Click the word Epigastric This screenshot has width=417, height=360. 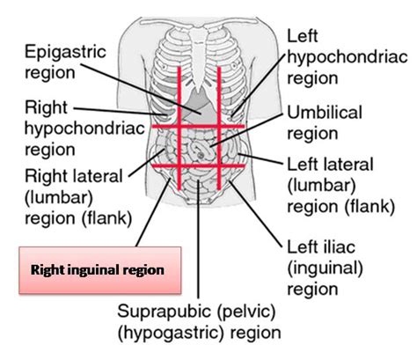(65, 53)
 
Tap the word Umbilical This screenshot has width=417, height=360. (325, 113)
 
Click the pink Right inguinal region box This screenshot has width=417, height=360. (100, 270)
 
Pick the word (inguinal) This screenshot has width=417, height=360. (325, 268)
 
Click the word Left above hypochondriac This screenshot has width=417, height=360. (303, 36)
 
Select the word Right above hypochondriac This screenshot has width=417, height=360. (46, 107)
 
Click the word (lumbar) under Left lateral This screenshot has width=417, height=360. (321, 186)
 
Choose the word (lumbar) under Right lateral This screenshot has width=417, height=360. (59, 198)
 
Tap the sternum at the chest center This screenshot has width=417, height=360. (199, 59)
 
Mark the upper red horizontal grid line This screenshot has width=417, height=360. (198, 127)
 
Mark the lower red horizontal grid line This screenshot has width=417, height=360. (198, 166)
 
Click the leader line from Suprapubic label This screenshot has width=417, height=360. (198, 239)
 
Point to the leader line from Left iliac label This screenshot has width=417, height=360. (255, 212)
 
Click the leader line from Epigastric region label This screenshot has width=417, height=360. (141, 89)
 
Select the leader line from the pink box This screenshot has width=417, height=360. (153, 212)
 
